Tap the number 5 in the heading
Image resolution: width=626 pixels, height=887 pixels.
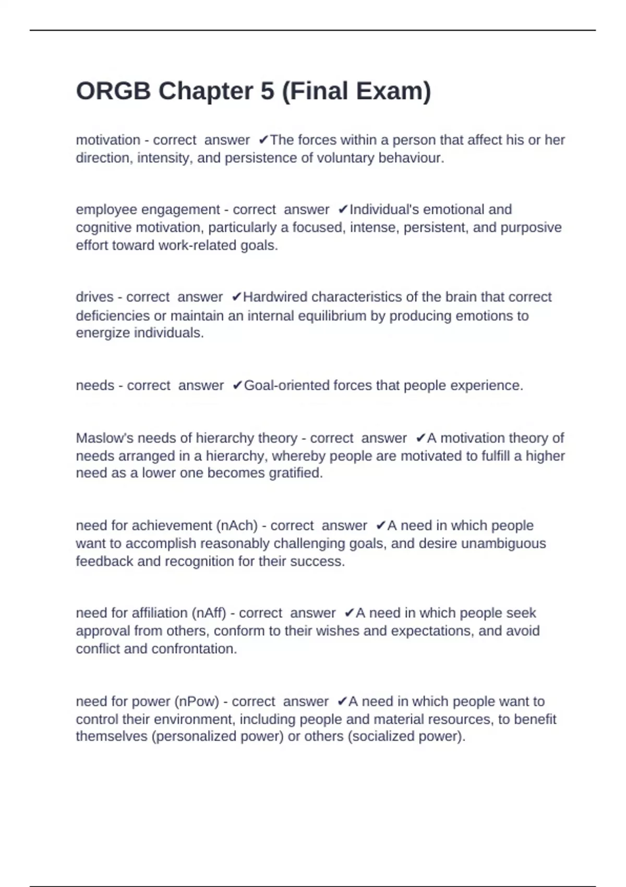[267, 91]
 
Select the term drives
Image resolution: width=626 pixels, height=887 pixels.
[94, 297]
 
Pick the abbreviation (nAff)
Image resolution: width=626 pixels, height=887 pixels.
[209, 613]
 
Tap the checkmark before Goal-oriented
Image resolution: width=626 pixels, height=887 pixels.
[237, 386]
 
